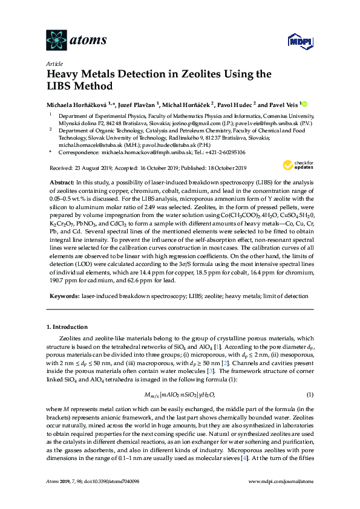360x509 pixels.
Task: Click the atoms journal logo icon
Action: tap(56, 40)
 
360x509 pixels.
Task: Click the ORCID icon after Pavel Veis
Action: tap(305, 105)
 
